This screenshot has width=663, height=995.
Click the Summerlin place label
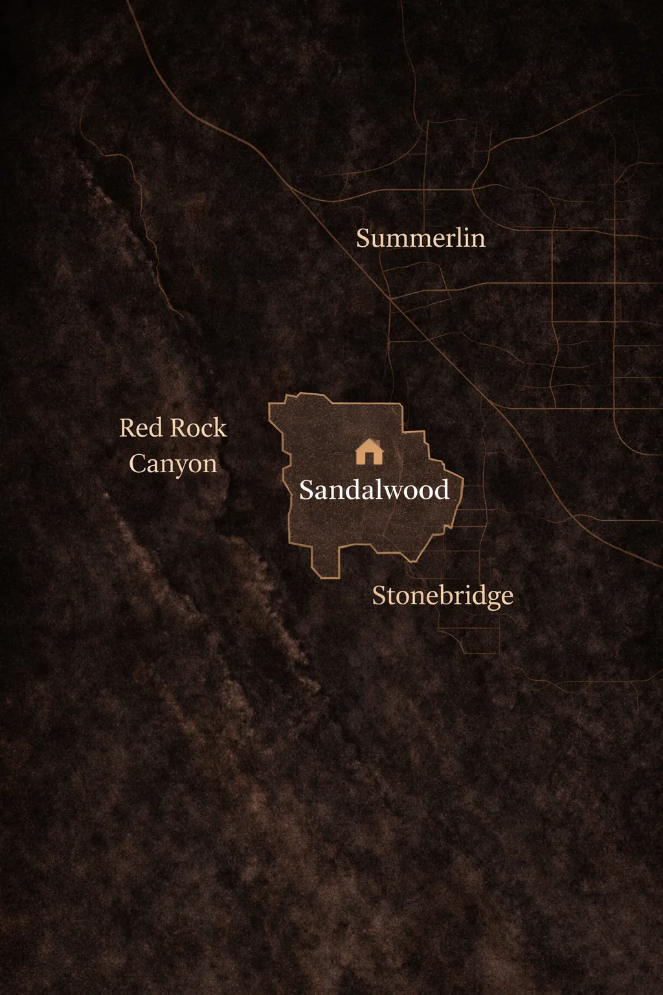tap(421, 238)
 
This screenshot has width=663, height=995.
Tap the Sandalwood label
tap(374, 490)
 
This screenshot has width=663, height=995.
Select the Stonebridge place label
tap(443, 596)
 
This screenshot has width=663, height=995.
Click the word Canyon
tap(173, 464)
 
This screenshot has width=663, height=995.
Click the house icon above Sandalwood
tap(369, 452)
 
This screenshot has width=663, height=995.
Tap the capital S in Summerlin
tap(363, 238)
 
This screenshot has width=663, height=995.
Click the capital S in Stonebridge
tap(379, 596)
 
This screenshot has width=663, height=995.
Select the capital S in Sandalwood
tap(306, 490)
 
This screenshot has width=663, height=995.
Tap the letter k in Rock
tap(221, 428)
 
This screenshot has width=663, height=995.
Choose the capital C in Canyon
tap(137, 464)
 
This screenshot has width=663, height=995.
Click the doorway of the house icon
tap(370, 458)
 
